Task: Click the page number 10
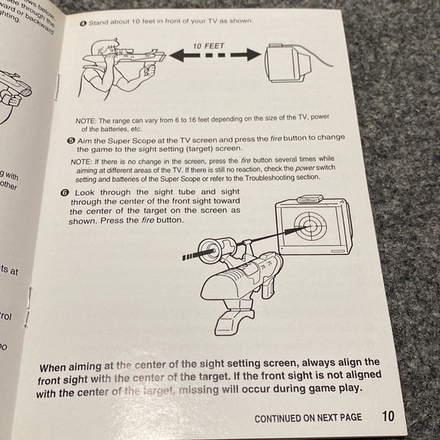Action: pyautogui.click(x=388, y=416)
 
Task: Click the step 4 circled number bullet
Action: pyautogui.click(x=83, y=23)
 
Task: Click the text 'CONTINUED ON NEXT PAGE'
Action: pyautogui.click(x=307, y=417)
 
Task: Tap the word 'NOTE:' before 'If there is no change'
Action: pyautogui.click(x=83, y=161)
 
